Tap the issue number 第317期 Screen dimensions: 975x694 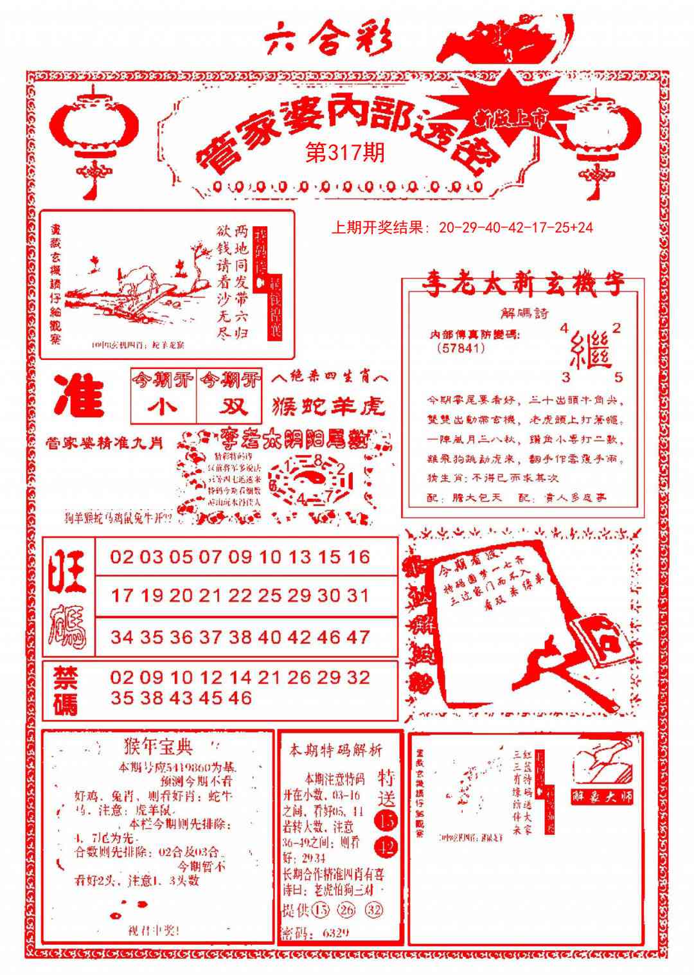(x=345, y=152)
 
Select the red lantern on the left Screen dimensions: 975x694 (x=94, y=132)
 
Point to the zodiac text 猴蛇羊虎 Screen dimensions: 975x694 (x=329, y=406)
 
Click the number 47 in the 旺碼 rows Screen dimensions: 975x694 (x=358, y=637)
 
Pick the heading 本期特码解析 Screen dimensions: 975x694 (x=335, y=749)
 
